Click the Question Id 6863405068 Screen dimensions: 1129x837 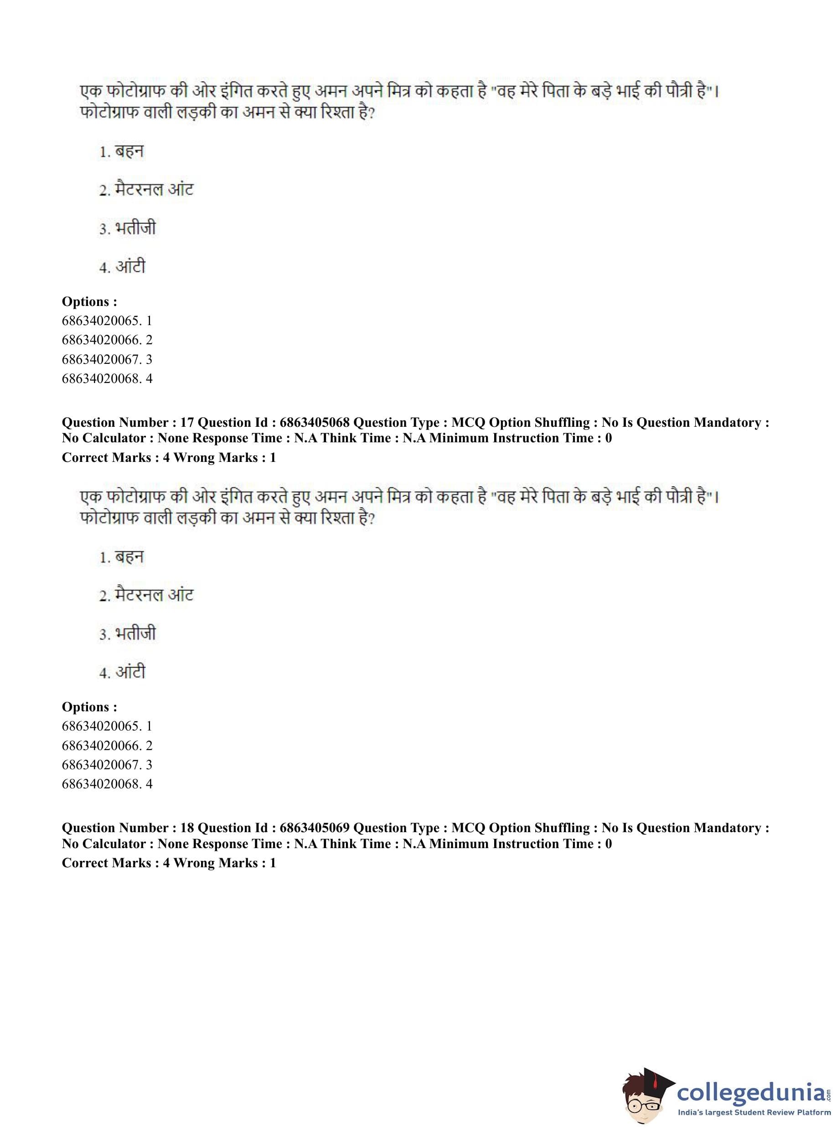click(x=314, y=423)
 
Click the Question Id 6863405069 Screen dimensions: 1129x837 click(x=314, y=828)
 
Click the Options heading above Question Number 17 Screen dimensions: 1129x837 click(x=89, y=301)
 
